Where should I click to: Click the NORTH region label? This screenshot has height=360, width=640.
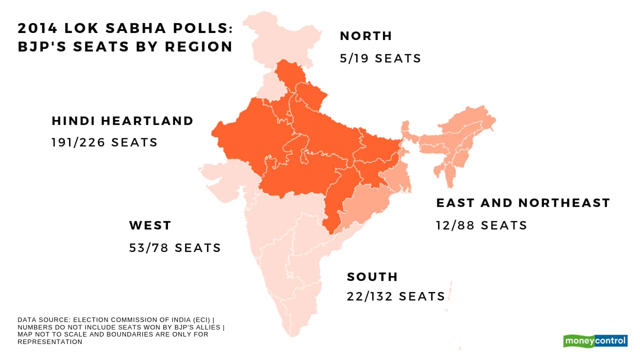click(365, 36)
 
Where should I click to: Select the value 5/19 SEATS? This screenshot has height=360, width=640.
click(380, 58)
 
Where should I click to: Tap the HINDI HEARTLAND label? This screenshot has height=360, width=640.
click(122, 121)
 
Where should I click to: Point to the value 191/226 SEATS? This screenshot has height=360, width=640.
click(104, 142)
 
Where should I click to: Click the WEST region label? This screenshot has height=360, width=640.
click(150, 225)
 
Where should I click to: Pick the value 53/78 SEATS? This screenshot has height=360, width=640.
click(175, 248)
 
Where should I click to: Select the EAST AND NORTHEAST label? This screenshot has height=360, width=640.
click(523, 203)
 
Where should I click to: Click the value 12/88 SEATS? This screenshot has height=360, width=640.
click(481, 225)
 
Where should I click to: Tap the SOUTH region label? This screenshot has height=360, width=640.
click(372, 277)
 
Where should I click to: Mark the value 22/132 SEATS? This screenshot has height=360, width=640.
click(396, 296)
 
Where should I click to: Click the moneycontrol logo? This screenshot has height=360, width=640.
click(595, 341)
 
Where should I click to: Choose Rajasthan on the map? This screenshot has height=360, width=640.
click(245, 135)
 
